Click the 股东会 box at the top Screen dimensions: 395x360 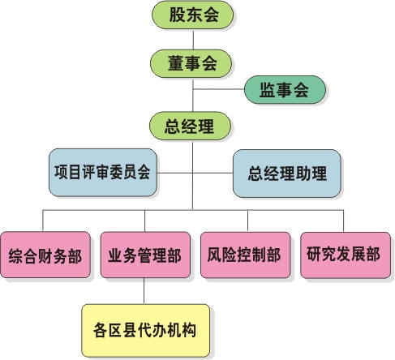[192, 15]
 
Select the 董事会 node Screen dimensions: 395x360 [191, 63]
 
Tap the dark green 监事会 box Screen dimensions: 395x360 [285, 89]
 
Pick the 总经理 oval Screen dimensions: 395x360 [190, 126]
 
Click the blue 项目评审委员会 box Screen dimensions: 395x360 [103, 172]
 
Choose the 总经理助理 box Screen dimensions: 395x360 [287, 174]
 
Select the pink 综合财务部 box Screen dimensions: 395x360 [45, 255]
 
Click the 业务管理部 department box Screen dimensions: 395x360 [145, 255]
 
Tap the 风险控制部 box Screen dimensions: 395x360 [246, 255]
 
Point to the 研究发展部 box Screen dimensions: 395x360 [346, 255]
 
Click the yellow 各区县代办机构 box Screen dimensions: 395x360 [146, 331]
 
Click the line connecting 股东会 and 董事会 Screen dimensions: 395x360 [193, 39]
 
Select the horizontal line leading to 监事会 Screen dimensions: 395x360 [218, 89]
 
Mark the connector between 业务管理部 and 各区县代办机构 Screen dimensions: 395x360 [144, 291]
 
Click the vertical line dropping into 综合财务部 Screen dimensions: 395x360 [43, 221]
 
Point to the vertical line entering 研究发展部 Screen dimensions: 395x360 [344, 221]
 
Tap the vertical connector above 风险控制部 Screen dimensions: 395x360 [247, 221]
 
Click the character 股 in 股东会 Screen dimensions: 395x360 [177, 15]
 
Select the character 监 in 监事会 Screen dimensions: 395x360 [268, 90]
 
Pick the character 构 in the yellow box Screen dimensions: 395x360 [189, 330]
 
